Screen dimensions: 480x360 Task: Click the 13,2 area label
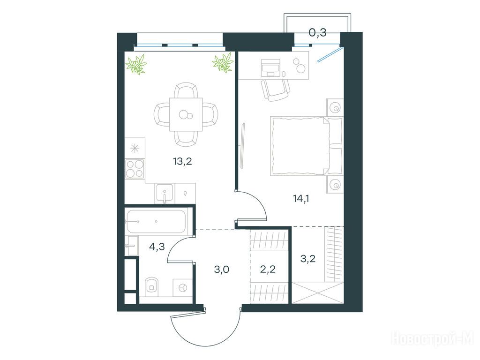(x=182, y=161)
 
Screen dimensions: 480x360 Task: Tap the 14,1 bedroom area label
(x=301, y=199)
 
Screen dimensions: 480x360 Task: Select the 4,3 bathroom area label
(x=157, y=247)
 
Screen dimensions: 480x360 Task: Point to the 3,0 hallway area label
(x=221, y=270)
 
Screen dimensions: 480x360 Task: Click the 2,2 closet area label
(x=268, y=270)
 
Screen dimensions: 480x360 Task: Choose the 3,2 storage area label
(x=308, y=259)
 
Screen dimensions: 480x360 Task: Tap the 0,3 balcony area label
(x=317, y=32)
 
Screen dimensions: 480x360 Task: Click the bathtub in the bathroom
(x=156, y=221)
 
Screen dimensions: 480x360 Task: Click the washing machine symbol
(x=182, y=288)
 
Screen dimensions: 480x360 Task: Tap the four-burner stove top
(x=135, y=169)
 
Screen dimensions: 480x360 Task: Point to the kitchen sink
(x=165, y=193)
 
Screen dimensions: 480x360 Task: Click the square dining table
(x=186, y=114)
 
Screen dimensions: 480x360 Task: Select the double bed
(x=306, y=146)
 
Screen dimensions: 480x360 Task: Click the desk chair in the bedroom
(x=275, y=90)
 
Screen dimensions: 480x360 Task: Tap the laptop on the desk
(x=270, y=67)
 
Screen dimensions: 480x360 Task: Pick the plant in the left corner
(x=136, y=64)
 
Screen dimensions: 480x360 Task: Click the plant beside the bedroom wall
(x=223, y=63)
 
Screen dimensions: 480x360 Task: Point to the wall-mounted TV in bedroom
(x=243, y=146)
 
